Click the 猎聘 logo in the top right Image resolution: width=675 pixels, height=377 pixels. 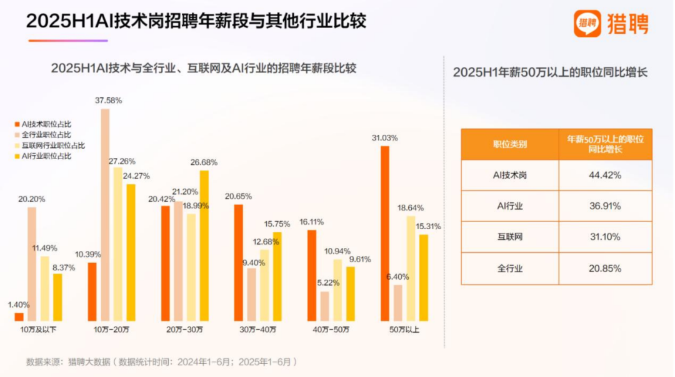click(x=611, y=24)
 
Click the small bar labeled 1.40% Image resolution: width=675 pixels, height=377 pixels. click(x=19, y=316)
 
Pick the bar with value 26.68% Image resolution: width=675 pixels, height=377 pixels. click(x=204, y=245)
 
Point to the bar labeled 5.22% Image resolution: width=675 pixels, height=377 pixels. click(x=325, y=305)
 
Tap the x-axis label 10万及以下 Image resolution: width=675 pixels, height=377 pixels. click(x=39, y=329)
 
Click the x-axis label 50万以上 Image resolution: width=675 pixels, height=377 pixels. click(x=403, y=329)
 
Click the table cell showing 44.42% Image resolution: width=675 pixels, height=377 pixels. click(x=605, y=175)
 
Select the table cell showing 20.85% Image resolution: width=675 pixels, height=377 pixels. click(x=605, y=268)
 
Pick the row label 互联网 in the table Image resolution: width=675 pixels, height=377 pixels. click(x=509, y=237)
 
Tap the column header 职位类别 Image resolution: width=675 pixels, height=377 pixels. click(x=509, y=144)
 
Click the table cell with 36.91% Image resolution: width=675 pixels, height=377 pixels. click(x=605, y=207)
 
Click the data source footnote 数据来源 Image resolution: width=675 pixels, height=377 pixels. click(x=162, y=361)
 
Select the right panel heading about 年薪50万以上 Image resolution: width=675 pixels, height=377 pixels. click(x=550, y=72)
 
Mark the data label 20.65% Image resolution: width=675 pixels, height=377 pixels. click(x=238, y=196)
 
